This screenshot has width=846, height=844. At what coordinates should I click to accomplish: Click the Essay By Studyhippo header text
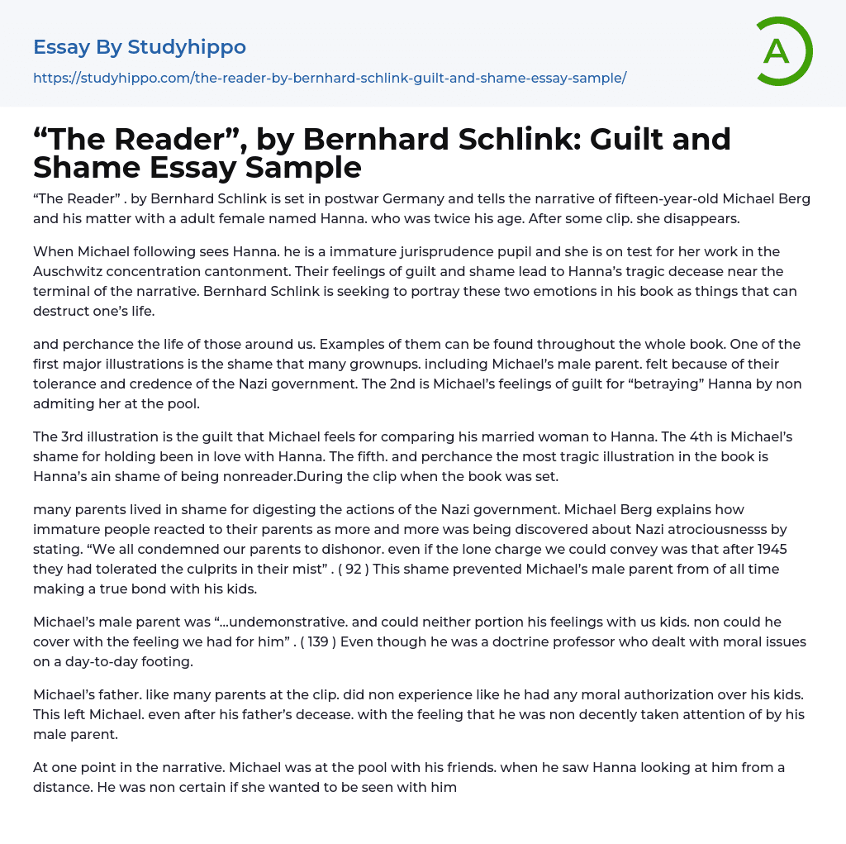coord(140,47)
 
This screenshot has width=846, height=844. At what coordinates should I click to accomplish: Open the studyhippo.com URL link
coord(330,78)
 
